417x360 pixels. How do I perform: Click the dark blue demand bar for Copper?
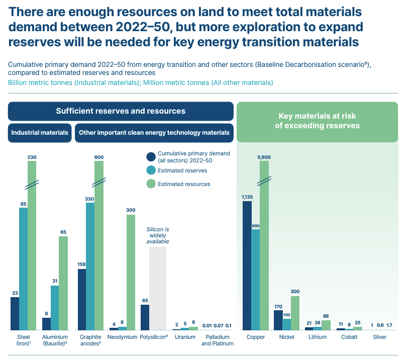pyautogui.click(x=247, y=265)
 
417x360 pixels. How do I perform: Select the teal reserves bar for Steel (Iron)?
pyautogui.click(x=24, y=268)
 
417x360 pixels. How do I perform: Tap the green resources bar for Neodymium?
pyautogui.click(x=131, y=273)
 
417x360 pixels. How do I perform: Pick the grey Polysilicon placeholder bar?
pyautogui.click(x=158, y=289)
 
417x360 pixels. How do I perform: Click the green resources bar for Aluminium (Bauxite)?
pyautogui.click(x=63, y=283)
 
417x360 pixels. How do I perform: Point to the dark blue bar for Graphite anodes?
pyautogui.click(x=82, y=300)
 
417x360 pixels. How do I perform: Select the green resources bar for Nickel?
pyautogui.click(x=295, y=313)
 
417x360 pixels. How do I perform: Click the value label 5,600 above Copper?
pyautogui.click(x=264, y=157)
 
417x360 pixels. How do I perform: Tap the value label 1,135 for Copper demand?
pyautogui.click(x=247, y=197)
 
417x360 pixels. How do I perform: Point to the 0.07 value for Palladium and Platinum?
pyautogui.click(x=219, y=325)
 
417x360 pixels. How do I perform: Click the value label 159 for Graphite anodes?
pyautogui.click(x=81, y=264)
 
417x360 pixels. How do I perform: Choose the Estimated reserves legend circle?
pyautogui.click(x=151, y=170)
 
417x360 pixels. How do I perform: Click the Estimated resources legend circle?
pyautogui.click(x=151, y=184)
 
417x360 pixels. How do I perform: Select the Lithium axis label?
pyautogui.click(x=317, y=337)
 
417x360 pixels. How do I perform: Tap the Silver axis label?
pyautogui.click(x=379, y=337)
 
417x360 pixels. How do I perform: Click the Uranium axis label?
pyautogui.click(x=185, y=337)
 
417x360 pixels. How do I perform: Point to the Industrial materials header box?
pyautogui.click(x=40, y=133)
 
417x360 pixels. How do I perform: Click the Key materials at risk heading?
pyautogui.click(x=317, y=121)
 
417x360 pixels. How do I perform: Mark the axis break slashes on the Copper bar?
pyautogui.click(x=264, y=181)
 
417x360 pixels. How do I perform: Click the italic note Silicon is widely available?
pyautogui.click(x=158, y=235)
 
